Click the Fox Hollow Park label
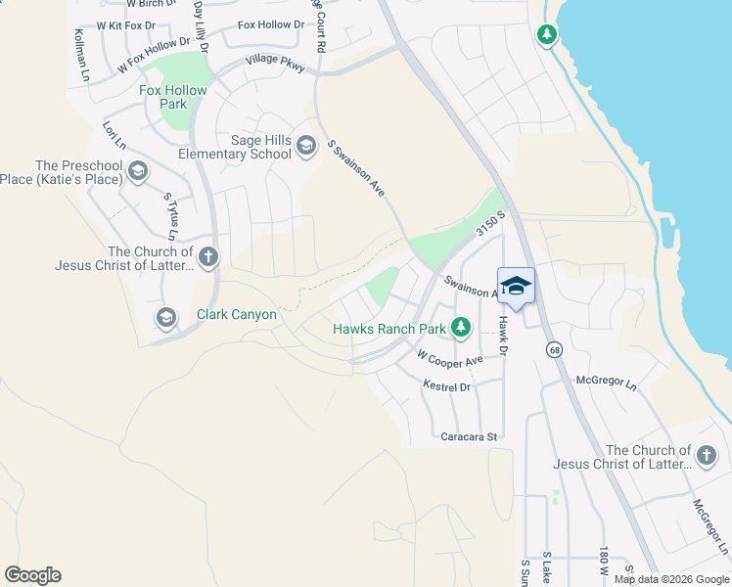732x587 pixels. point(173,97)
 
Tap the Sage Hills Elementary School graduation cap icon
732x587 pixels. point(306,147)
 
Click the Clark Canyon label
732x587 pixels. point(237,315)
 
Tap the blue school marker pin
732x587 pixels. point(516,287)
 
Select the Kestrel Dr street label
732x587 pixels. point(446,387)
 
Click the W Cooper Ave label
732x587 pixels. point(449,360)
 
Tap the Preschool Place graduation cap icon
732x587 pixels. point(138,172)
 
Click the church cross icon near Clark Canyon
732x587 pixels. point(207,257)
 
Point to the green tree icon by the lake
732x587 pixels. point(547,36)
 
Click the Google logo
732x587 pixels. point(32,575)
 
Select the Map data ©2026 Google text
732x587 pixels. point(670,579)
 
